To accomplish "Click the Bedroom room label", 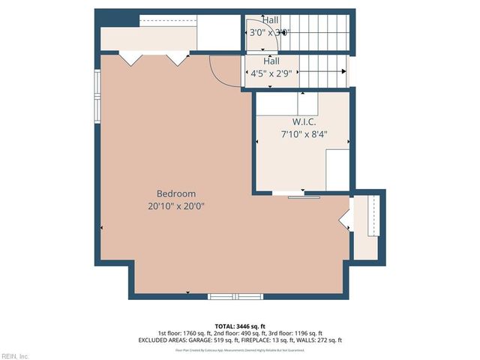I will point(176,193).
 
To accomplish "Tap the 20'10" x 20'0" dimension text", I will point(176,205).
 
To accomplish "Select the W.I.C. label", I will point(304,121).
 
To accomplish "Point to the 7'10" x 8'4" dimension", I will point(304,135).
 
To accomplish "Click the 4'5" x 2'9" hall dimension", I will point(271,73).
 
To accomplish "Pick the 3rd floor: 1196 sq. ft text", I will point(296,333).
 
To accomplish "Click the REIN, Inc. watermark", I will point(15,355).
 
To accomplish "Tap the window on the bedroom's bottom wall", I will point(235,296).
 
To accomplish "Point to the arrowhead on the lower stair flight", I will point(343,71).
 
